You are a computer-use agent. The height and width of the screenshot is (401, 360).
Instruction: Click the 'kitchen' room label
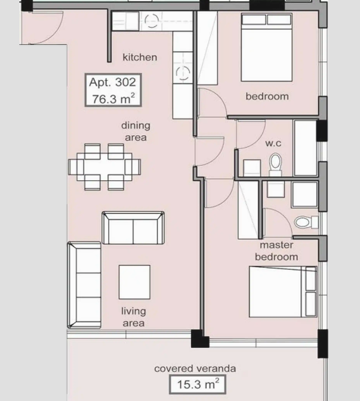point(140,57)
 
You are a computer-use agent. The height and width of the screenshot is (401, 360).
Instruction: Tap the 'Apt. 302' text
point(112,82)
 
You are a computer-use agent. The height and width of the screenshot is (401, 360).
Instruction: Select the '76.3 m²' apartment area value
point(113,99)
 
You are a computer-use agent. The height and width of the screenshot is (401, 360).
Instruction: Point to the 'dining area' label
point(136,131)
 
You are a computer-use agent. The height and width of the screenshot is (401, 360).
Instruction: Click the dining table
point(104,167)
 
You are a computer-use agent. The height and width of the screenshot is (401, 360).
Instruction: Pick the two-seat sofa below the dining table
point(133,228)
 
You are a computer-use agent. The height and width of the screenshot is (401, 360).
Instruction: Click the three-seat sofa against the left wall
point(84,285)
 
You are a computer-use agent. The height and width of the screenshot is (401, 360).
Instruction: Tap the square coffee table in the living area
point(134,282)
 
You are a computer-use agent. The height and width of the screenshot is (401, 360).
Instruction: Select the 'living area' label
point(134,317)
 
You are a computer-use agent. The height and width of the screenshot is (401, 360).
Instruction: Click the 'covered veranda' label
point(195,369)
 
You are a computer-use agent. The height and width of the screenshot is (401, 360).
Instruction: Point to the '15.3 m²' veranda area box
point(197,384)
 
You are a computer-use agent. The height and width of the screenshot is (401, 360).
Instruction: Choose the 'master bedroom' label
point(277,251)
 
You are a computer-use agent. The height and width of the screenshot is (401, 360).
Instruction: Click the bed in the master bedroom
point(283,292)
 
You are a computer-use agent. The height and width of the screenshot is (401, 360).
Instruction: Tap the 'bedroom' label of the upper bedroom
point(268,97)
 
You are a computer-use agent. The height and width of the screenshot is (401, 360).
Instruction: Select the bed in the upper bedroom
point(266,48)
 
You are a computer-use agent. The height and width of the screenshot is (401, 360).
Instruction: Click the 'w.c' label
point(273,144)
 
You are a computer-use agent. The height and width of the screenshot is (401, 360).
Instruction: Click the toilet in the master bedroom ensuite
point(306,222)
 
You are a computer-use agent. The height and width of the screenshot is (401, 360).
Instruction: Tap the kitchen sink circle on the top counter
point(152,21)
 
